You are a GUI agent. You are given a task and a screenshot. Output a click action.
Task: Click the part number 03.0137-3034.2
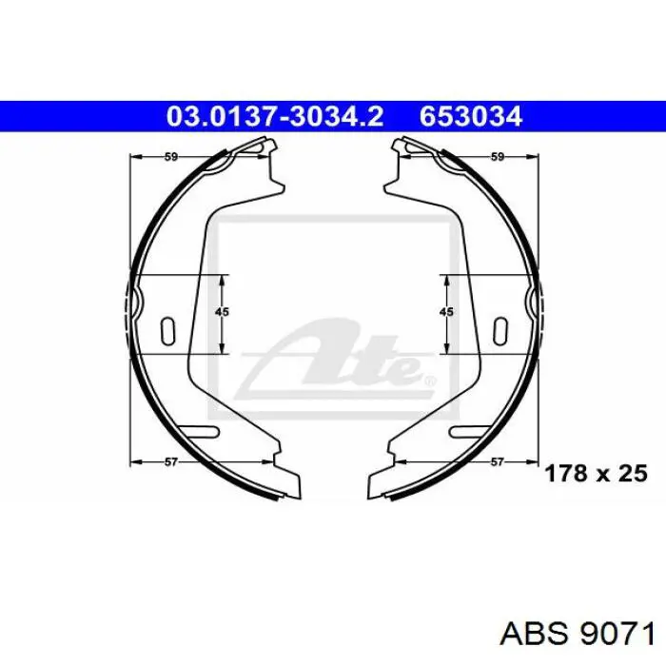point(275,116)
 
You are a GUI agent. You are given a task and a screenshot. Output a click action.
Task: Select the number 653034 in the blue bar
point(471,116)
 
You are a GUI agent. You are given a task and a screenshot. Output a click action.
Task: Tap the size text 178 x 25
point(596,473)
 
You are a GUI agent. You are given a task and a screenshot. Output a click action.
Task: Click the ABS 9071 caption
point(578,635)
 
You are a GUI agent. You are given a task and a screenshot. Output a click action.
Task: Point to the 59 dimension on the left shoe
point(170,157)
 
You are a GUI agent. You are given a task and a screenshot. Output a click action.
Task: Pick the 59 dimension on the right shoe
point(497,157)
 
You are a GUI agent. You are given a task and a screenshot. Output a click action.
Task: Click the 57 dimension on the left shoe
point(170,461)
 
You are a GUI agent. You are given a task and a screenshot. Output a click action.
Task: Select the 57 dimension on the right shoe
point(497,461)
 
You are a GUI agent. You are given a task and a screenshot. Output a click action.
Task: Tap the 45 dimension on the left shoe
point(222,312)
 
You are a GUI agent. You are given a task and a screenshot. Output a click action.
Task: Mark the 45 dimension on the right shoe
point(446,312)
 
